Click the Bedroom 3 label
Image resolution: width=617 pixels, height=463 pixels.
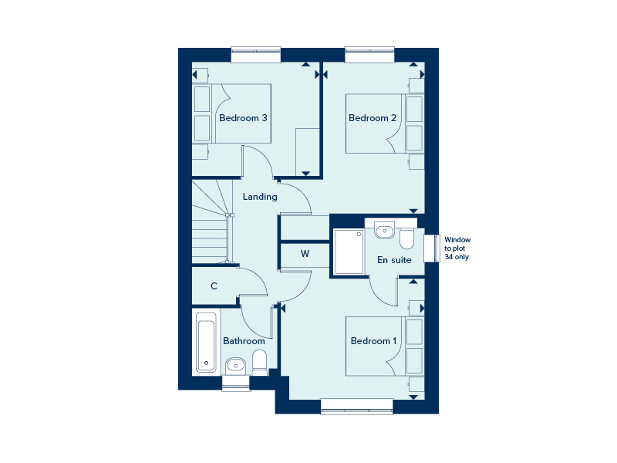click(x=243, y=118)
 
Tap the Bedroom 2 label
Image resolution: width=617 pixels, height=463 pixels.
click(x=373, y=118)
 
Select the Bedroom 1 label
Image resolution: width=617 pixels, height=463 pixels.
click(x=373, y=341)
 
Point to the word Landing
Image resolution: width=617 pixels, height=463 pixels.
click(x=260, y=197)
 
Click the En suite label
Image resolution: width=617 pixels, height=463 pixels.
click(x=394, y=260)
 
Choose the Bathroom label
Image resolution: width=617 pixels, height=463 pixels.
click(x=244, y=341)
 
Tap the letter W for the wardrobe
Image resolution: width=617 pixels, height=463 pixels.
click(x=305, y=254)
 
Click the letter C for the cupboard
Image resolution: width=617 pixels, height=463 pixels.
click(x=214, y=286)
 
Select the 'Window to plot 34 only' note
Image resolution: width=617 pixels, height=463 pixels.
click(x=457, y=248)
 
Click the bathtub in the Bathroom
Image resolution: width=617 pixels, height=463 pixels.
click(x=206, y=342)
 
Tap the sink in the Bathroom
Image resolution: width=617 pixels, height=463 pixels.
click(x=235, y=366)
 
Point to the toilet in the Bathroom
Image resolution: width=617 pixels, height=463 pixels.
click(x=259, y=363)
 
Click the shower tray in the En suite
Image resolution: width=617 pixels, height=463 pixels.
click(x=349, y=252)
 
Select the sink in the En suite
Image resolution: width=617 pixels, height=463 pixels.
click(x=384, y=230)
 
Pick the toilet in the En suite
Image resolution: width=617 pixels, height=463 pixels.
click(x=406, y=238)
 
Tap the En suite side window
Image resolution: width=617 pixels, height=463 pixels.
click(x=432, y=248)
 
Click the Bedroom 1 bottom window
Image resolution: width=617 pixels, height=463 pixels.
click(x=356, y=407)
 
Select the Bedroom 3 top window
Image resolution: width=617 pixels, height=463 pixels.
click(x=256, y=55)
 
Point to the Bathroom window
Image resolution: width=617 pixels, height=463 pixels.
click(x=236, y=383)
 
